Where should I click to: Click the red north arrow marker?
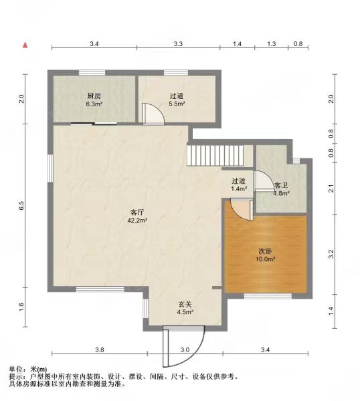25,45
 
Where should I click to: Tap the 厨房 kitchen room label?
94,96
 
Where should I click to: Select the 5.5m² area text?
177,104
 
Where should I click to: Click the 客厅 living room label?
137,213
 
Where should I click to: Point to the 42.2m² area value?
137,220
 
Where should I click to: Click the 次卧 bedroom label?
265,251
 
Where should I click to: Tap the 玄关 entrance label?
185,304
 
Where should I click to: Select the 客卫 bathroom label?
281,185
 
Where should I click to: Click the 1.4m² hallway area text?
239,188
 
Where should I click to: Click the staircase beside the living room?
215,156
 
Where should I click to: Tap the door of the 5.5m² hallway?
153,114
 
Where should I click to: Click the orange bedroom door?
242,209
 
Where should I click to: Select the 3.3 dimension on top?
178,43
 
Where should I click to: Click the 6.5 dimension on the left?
21,206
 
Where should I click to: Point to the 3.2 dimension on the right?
331,254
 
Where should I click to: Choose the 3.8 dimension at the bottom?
100,350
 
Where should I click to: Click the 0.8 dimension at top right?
298,43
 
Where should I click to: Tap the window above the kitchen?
92,73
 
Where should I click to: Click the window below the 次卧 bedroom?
268,296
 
